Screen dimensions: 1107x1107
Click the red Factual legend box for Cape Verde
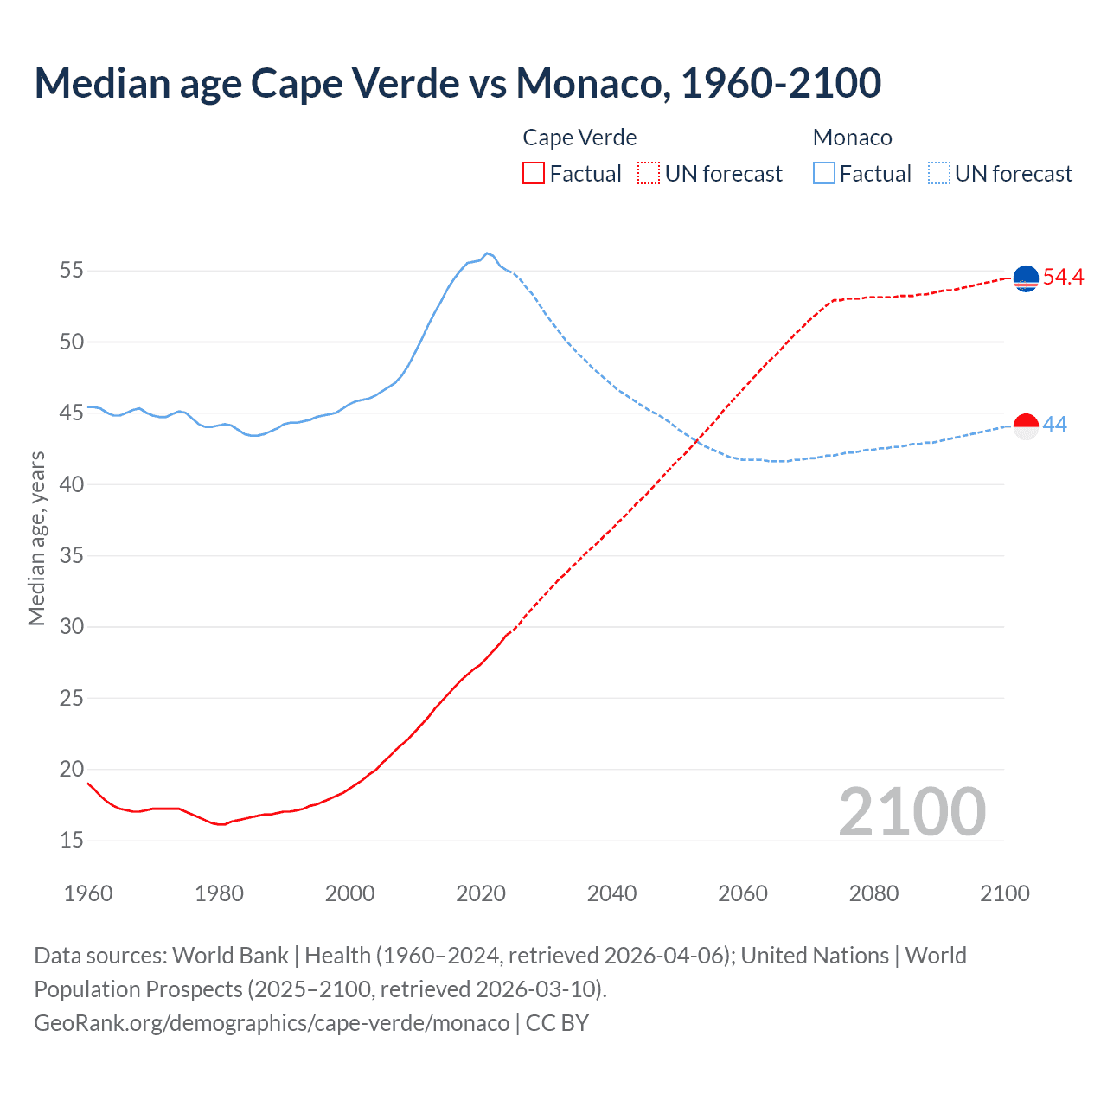pyautogui.click(x=534, y=173)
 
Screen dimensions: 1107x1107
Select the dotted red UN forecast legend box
pyautogui.click(x=649, y=173)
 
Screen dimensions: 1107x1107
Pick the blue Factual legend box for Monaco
pyautogui.click(x=824, y=173)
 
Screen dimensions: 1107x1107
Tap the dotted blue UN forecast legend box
pyautogui.click(x=939, y=173)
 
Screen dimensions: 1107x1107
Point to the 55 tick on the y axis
pyautogui.click(x=72, y=271)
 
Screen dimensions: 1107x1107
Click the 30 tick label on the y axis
pyautogui.click(x=72, y=626)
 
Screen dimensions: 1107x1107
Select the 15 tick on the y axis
pyautogui.click(x=72, y=840)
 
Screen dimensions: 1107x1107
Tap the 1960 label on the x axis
pyautogui.click(x=88, y=893)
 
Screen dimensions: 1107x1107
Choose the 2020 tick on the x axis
pyautogui.click(x=481, y=893)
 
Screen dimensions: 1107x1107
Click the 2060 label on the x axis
pyautogui.click(x=743, y=893)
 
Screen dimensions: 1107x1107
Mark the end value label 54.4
pyautogui.click(x=1063, y=277)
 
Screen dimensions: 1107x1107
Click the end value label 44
pyautogui.click(x=1055, y=425)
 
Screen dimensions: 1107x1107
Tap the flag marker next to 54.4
pyautogui.click(x=1026, y=278)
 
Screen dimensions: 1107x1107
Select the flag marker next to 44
pyautogui.click(x=1026, y=426)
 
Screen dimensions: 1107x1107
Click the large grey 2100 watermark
pyautogui.click(x=912, y=811)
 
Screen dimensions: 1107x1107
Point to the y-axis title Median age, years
pyautogui.click(x=36, y=538)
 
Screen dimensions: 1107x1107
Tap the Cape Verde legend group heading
pyautogui.click(x=579, y=138)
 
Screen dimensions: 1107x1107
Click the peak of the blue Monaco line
pyautogui.click(x=487, y=253)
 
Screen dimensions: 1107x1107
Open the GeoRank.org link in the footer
pyautogui.click(x=272, y=1022)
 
